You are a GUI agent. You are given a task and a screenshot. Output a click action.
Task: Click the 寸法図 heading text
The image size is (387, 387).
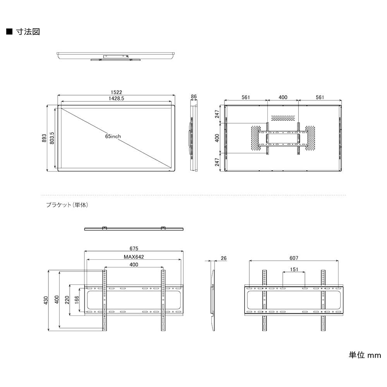[28, 32]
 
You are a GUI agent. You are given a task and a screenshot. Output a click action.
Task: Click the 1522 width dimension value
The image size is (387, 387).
[116, 92]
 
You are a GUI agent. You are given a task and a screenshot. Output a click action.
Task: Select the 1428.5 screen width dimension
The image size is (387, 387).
[116, 99]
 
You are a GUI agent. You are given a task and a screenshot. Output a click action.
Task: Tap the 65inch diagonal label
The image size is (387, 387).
[113, 137]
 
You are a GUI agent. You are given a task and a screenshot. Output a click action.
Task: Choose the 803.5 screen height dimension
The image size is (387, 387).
[51, 138]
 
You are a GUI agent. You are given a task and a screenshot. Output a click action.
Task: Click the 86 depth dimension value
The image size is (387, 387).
[194, 97]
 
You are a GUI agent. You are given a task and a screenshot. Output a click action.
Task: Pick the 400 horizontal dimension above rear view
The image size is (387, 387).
[283, 97]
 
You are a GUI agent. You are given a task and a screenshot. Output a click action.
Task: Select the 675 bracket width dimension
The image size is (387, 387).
[134, 248]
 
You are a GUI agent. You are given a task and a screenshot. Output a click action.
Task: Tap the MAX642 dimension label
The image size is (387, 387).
[134, 257]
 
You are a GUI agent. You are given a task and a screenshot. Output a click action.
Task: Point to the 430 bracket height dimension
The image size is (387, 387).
[45, 300]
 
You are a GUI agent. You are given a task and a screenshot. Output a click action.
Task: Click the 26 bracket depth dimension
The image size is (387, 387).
[224, 258]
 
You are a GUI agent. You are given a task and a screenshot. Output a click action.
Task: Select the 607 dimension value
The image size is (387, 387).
[294, 258]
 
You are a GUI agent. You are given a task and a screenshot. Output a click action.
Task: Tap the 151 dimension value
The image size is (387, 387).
[294, 269]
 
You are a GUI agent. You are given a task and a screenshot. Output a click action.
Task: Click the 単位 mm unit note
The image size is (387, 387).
[365, 355]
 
